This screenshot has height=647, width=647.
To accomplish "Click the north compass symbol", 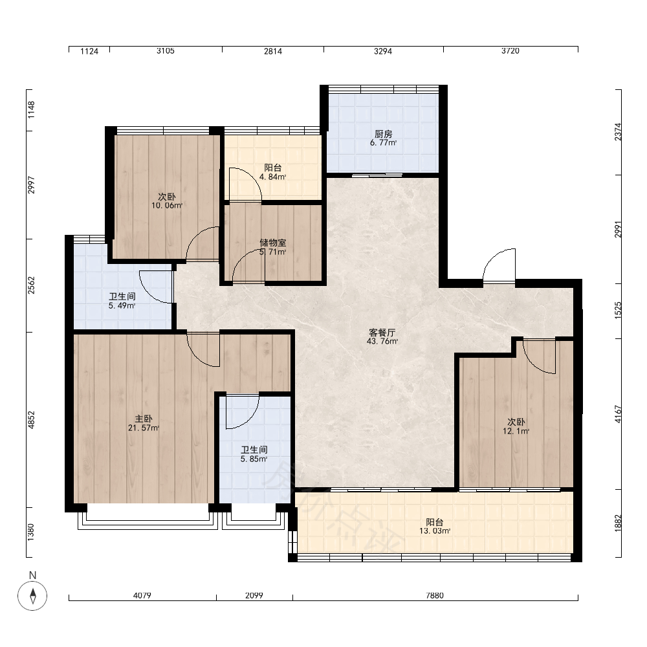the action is [32, 595].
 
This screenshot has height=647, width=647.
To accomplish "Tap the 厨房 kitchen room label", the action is [383, 134].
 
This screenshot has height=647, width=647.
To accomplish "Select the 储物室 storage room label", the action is [273, 243].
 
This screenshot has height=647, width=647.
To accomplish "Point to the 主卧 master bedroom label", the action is [144, 419].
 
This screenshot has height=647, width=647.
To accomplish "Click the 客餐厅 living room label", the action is [382, 333].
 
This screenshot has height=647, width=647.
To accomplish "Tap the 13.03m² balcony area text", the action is [435, 531].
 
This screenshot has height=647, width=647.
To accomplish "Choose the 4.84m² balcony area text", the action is [273, 177].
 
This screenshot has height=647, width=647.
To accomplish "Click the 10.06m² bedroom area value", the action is [167, 206].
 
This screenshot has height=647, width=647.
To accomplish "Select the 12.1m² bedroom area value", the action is [516, 431].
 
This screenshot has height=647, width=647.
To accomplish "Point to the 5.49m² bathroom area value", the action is [122, 306].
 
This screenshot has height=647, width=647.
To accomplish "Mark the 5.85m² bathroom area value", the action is [254, 459].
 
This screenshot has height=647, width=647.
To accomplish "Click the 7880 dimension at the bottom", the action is [435, 595].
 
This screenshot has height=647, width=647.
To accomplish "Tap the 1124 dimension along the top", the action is [89, 51].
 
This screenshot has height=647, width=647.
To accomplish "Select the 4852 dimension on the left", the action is [31, 420].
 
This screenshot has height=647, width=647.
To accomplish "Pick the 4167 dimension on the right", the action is [618, 414].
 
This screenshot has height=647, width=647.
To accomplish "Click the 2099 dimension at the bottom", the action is [254, 595].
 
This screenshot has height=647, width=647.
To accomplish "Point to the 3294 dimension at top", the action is [383, 51].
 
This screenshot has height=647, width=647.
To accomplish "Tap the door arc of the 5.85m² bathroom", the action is [250, 421].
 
